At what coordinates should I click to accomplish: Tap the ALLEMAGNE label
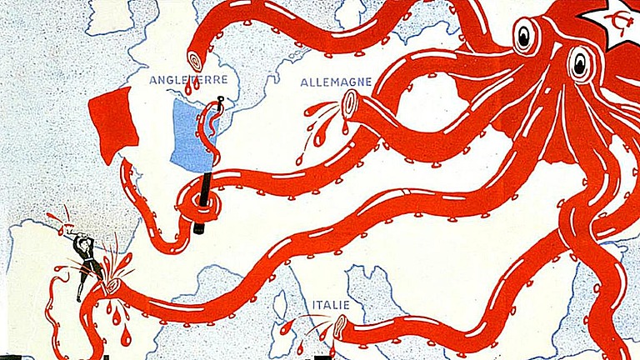336,82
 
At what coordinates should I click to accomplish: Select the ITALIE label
331,304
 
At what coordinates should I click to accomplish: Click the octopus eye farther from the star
524,36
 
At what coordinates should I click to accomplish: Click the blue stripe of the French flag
187,133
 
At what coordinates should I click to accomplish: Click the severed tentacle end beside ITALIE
340,327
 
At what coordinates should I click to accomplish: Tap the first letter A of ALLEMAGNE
304,82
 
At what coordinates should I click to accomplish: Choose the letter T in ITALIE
321,304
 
